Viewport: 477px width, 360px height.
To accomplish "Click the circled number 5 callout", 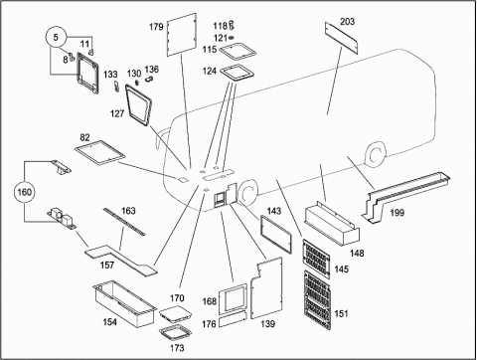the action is click(x=56, y=37).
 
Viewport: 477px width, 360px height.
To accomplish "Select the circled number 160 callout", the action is click(x=24, y=192).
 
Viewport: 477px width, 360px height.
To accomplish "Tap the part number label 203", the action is click(x=347, y=21).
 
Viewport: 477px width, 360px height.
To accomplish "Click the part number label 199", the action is click(x=397, y=213).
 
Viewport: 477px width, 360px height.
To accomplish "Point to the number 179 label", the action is click(x=156, y=27).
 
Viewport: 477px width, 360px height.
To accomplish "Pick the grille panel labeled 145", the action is click(x=316, y=259).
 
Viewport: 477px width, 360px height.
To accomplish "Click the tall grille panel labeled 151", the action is click(x=318, y=300).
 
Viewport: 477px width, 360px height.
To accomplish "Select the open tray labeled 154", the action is click(x=124, y=303).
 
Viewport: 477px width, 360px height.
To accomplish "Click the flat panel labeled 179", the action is click(x=182, y=35).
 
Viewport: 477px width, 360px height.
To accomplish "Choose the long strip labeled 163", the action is click(x=124, y=222).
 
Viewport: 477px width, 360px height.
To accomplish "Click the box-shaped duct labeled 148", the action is click(x=332, y=224).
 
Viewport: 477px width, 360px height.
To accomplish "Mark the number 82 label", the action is click(x=84, y=137).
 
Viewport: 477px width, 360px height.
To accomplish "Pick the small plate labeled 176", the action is click(x=233, y=320).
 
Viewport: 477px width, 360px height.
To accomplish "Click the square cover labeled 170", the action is click(x=176, y=314).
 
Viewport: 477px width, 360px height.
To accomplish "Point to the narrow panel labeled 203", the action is click(x=341, y=38).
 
